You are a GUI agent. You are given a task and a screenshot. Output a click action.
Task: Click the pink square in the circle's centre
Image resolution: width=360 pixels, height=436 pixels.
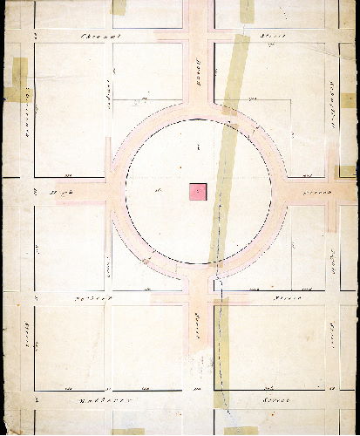pyautogui.click(x=198, y=192)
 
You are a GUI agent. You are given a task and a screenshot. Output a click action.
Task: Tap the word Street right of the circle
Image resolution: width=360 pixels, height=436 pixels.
pyautogui.click(x=312, y=189)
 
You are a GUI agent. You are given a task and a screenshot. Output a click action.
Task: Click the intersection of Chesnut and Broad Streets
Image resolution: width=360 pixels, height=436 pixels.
pyautogui.click(x=199, y=36)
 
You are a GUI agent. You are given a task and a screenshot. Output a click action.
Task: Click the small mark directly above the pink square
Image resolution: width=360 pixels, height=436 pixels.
pyautogui.click(x=199, y=150)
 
